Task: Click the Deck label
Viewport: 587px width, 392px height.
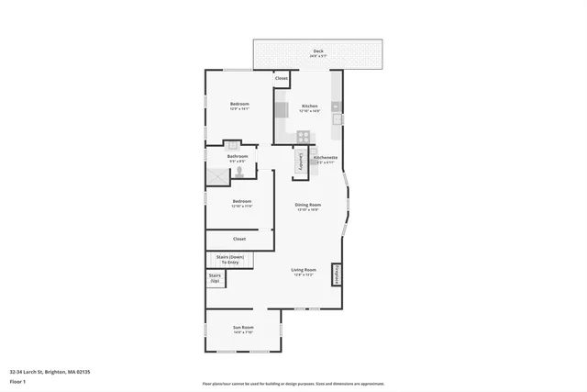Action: tap(317, 51)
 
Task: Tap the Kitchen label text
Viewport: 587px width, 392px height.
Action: tap(310, 106)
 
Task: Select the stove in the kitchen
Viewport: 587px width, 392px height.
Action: tap(303, 138)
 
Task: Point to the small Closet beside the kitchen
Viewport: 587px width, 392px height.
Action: tap(282, 79)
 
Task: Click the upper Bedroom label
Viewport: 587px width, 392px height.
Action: tap(239, 105)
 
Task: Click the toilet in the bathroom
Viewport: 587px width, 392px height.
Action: tap(240, 171)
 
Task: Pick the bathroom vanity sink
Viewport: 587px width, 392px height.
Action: tap(233, 145)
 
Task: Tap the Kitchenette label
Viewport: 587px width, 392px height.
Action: tap(326, 157)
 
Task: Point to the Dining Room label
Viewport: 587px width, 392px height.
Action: tap(307, 205)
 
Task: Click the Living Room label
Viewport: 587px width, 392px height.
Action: tap(303, 270)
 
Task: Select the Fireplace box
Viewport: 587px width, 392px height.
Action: tap(336, 274)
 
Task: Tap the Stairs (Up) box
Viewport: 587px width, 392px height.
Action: tap(216, 276)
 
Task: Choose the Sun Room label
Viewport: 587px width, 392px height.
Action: tap(243, 328)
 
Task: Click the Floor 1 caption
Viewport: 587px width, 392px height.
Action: tap(17, 381)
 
